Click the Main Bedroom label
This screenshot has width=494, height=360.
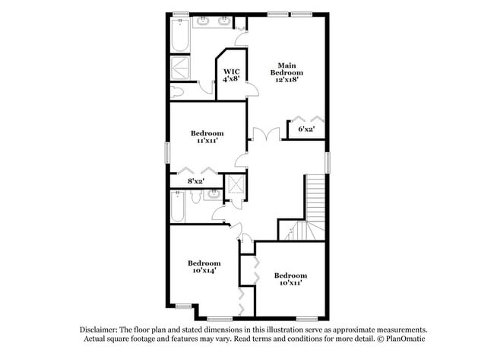(x=287, y=68)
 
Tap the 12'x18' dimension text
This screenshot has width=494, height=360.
(x=287, y=79)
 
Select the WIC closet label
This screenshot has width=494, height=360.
(x=232, y=72)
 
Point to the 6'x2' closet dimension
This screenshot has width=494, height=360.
(x=306, y=129)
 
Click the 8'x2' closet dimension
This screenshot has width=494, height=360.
(x=196, y=181)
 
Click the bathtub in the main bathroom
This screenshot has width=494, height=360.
(x=180, y=35)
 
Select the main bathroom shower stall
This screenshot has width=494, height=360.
(x=180, y=68)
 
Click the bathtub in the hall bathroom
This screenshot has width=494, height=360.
(x=177, y=206)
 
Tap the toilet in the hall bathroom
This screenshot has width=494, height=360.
(x=196, y=196)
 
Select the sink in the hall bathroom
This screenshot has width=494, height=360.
(x=213, y=194)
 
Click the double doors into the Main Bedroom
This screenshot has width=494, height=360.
(x=267, y=133)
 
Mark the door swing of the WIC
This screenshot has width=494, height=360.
(x=253, y=89)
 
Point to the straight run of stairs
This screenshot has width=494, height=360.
(x=315, y=197)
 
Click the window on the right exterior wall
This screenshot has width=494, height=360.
(x=328, y=162)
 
